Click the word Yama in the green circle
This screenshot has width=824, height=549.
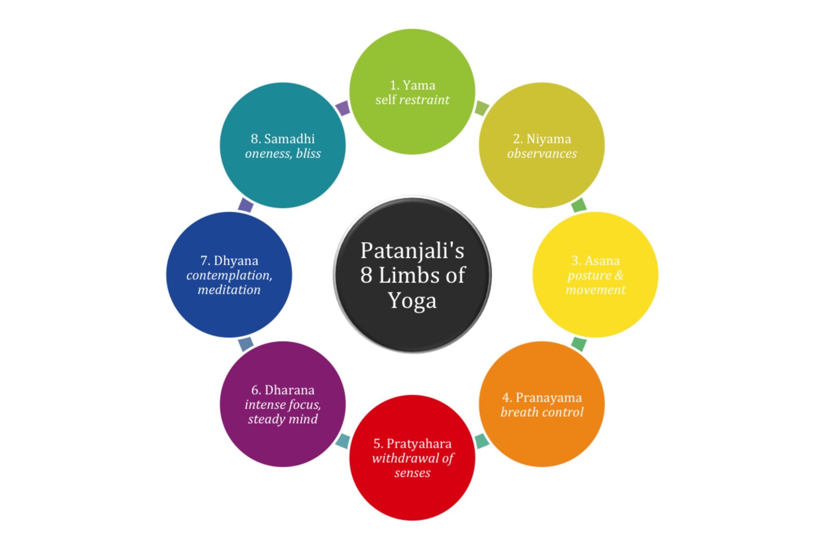coord(419,85)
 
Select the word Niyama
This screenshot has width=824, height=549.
coord(548,139)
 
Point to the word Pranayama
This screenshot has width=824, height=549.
coord(548,398)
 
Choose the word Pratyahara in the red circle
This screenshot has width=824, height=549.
coord(418,443)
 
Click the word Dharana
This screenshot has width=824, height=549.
coord(289,390)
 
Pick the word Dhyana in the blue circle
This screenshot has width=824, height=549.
coord(236,261)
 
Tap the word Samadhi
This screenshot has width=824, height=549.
coord(289,139)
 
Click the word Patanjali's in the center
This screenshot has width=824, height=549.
coord(412,250)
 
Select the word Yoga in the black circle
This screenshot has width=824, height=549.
coord(412,300)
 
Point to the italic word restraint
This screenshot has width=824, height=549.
coord(424,100)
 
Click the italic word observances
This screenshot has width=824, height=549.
coord(542,154)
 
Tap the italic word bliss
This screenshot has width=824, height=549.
coord(308,154)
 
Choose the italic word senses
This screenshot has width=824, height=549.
coord(412,473)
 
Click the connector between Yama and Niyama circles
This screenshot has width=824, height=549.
coord(482,108)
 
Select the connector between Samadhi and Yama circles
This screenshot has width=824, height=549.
coord(343,108)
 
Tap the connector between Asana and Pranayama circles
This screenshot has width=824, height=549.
coord(579,344)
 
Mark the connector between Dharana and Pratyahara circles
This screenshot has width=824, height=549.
coord(343,441)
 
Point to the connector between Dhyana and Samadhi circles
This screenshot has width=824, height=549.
coord(245,205)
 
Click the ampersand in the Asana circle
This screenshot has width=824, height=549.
coord(618,275)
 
